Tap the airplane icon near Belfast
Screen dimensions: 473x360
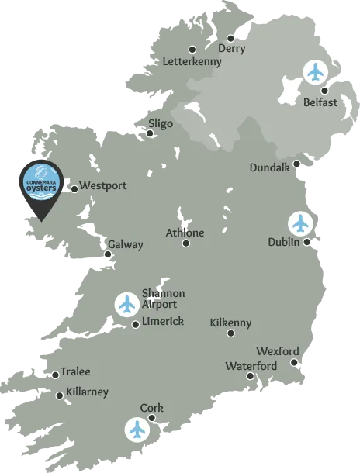click(315, 71)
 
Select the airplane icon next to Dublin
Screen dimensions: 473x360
click(300, 223)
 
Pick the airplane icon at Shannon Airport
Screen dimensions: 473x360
click(126, 304)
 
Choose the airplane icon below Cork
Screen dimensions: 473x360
click(137, 428)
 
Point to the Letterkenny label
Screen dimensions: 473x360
click(192, 61)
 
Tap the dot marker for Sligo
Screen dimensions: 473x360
click(150, 133)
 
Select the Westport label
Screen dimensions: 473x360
click(102, 186)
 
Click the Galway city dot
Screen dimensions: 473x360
click(109, 254)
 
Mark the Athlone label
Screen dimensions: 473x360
click(185, 233)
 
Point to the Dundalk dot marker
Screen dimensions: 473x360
click(297, 164)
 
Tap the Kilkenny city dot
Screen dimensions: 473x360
click(230, 333)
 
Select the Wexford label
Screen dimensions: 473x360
click(277, 351)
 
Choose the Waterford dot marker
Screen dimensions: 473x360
click(250, 376)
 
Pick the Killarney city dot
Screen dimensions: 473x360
click(60, 395)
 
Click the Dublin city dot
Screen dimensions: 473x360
click(307, 242)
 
